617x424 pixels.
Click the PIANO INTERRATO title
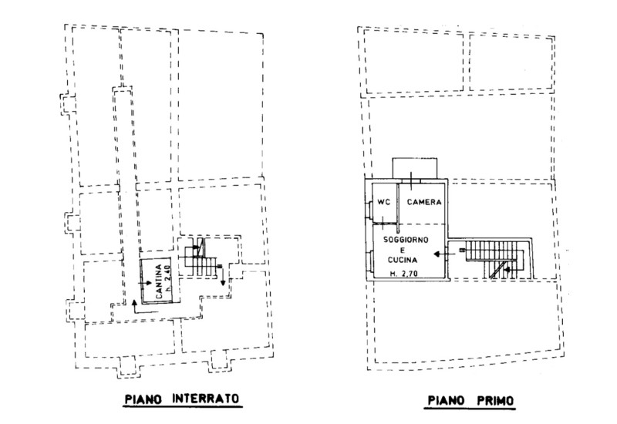182,399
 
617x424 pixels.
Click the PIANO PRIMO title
470,401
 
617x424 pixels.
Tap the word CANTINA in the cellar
159,281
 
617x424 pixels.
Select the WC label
383,202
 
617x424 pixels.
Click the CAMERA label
424,202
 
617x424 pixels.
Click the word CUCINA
403,260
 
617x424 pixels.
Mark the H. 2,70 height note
404,274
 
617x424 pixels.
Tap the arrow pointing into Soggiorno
444,254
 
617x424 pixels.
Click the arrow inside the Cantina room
145,283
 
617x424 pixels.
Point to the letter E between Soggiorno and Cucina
403,250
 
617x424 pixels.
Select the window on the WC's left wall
369,209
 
